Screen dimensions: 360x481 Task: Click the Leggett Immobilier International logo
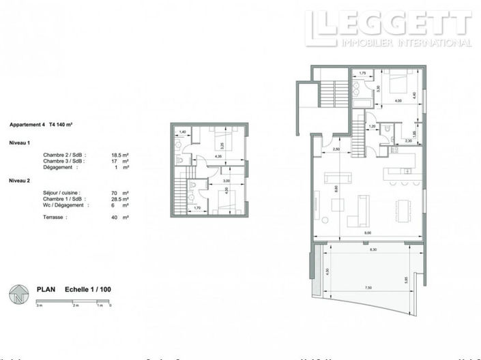pos(388,29)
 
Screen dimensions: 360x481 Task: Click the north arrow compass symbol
pos(18,294)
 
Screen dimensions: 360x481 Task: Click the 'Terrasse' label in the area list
pos(54,217)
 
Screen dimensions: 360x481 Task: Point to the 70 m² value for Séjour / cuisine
pos(120,193)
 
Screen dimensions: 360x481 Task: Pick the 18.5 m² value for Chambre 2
pos(120,155)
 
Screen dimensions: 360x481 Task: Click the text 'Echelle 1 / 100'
pos(87,289)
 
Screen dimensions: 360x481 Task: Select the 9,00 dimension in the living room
pos(368,234)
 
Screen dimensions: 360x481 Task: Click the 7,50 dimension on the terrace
pos(368,288)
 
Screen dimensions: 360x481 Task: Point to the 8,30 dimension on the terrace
pos(372,250)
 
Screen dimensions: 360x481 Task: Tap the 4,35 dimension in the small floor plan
pos(218,157)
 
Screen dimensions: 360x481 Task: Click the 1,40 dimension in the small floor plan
pos(182,132)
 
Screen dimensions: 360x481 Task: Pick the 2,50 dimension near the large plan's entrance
pos(336,149)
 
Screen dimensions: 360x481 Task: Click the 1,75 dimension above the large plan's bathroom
pos(363,73)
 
